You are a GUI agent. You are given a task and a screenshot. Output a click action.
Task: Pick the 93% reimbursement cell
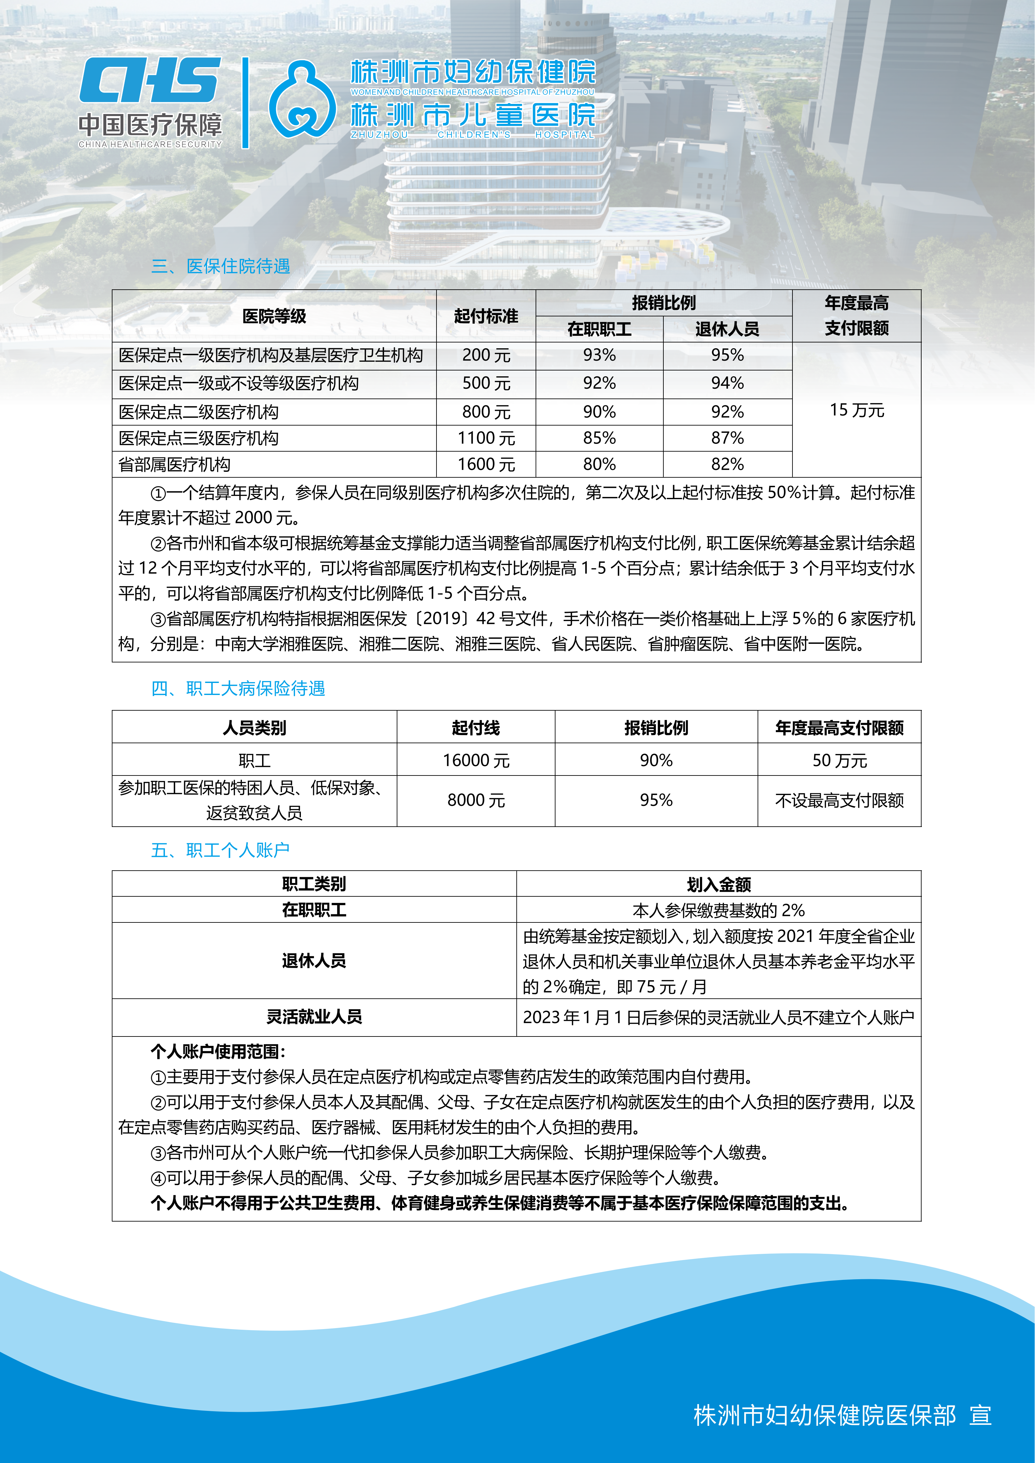(599, 355)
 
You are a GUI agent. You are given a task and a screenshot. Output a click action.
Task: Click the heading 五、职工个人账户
(220, 850)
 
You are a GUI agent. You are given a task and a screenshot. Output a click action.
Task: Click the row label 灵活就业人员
(314, 1017)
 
